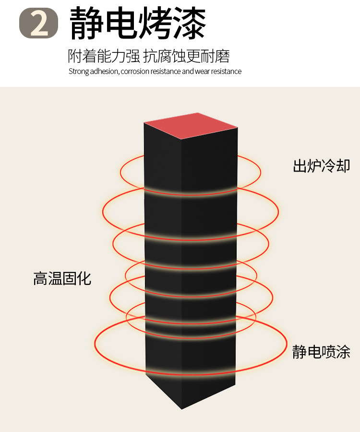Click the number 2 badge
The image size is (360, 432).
pos(38,24)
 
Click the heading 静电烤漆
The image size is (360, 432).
pos(138,23)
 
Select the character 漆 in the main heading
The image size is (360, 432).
pos(190,23)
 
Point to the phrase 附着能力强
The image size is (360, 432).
pos(104,56)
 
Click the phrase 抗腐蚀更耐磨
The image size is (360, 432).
pos(187,56)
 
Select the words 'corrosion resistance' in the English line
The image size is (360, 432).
pos(150,72)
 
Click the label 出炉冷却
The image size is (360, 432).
pos(322,166)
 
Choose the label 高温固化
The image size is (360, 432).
pos(62,278)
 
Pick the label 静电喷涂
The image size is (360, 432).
pos(321,352)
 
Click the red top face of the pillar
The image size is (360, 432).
pos(191,125)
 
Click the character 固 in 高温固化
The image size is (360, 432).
pos(69,278)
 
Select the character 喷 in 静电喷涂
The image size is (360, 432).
pos(328,352)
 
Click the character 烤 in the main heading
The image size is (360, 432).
pos(156,23)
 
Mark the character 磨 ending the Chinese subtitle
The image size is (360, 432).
pos(223,56)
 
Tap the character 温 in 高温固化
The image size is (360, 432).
pos(55,278)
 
